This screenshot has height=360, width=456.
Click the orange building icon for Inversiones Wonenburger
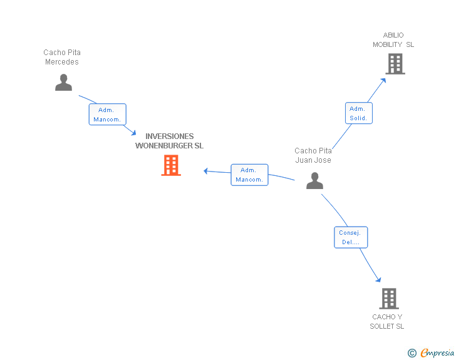[x=171, y=165]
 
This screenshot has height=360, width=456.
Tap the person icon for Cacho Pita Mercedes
[x=63, y=83]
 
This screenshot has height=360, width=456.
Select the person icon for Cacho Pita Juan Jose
[x=314, y=181]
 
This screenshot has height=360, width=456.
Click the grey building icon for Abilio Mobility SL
[x=395, y=64]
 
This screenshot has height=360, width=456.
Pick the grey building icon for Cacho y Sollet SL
[x=388, y=299]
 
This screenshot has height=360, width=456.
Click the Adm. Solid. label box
[x=358, y=113]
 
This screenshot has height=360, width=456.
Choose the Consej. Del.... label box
[x=350, y=237]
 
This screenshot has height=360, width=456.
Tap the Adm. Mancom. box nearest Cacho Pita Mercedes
[x=107, y=115]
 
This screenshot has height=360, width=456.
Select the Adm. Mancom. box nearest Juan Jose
[x=249, y=175]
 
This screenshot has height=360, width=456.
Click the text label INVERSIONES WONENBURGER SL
[x=170, y=141]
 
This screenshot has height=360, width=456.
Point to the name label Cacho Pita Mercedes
[x=62, y=57]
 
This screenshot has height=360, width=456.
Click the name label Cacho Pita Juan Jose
[x=313, y=155]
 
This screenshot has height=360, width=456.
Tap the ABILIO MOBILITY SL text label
[x=393, y=39]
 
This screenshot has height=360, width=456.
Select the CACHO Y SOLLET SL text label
[x=387, y=321]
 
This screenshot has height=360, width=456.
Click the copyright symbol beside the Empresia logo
[x=412, y=353]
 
